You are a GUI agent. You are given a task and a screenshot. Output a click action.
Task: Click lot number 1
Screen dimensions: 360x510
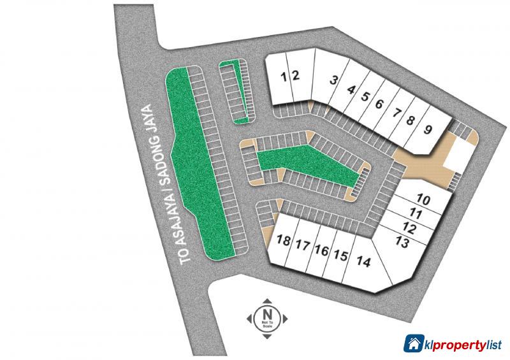point(284,76)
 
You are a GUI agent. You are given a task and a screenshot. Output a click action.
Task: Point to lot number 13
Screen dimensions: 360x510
point(402,242)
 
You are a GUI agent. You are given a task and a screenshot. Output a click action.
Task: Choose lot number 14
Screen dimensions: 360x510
point(363,261)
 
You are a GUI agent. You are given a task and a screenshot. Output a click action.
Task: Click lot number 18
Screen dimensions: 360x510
point(284,241)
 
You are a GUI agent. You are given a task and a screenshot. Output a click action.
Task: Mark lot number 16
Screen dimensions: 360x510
point(321,251)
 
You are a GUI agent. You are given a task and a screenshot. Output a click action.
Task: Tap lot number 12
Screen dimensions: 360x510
point(410,227)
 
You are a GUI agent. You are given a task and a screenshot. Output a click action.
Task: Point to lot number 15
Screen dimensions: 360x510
point(340,256)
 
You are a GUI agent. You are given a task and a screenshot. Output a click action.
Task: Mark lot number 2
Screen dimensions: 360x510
point(295,75)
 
